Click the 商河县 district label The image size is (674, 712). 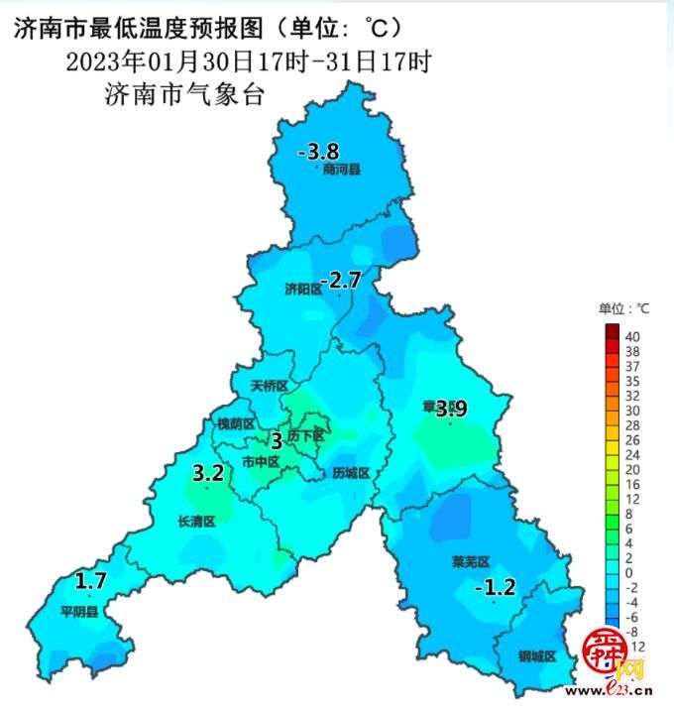[342, 170]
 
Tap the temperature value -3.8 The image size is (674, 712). [319, 152]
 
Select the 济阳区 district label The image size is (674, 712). [303, 290]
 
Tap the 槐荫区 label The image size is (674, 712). [236, 423]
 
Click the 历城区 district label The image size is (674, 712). [351, 473]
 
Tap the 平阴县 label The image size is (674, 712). [79, 612]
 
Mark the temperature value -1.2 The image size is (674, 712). [496, 587]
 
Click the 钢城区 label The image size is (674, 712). [537, 656]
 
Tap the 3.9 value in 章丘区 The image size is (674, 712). [451, 408]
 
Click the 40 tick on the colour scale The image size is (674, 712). [632, 336]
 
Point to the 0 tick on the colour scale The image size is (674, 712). [628, 573]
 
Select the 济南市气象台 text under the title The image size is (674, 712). [186, 96]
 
